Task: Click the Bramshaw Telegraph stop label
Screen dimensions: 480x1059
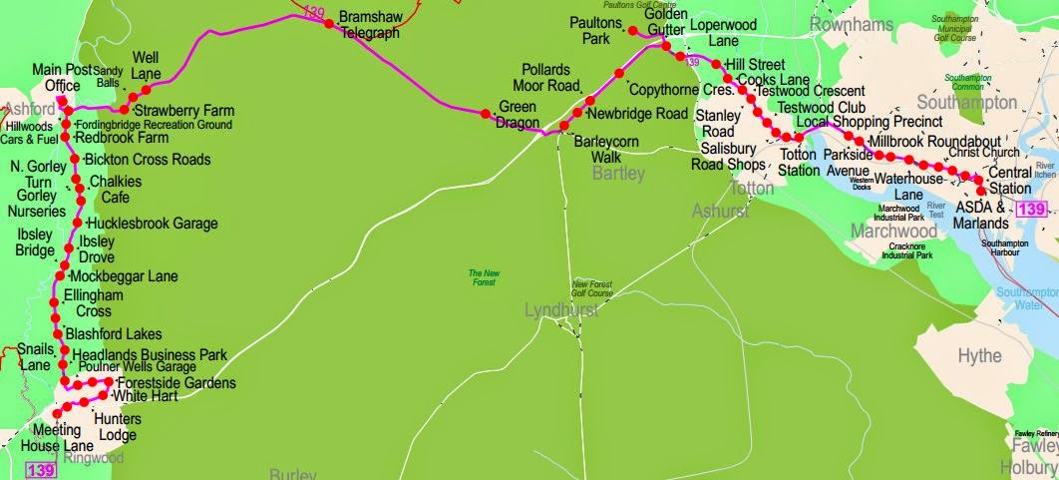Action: coord(369,25)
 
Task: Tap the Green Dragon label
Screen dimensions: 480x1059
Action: coord(518,115)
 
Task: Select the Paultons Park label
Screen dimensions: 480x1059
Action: coord(597,30)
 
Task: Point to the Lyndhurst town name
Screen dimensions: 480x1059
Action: coord(560,311)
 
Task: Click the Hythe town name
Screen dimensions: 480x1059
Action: coord(979,356)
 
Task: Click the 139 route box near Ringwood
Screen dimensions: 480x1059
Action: coord(40,470)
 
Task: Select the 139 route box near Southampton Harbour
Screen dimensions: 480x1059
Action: coord(1031,210)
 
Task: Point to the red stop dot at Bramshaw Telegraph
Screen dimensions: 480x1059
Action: coord(327,25)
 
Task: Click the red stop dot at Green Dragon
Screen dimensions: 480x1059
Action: coord(486,112)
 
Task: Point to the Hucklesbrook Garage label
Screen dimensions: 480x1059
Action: coord(152,224)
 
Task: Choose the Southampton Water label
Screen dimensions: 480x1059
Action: coord(1027,298)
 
